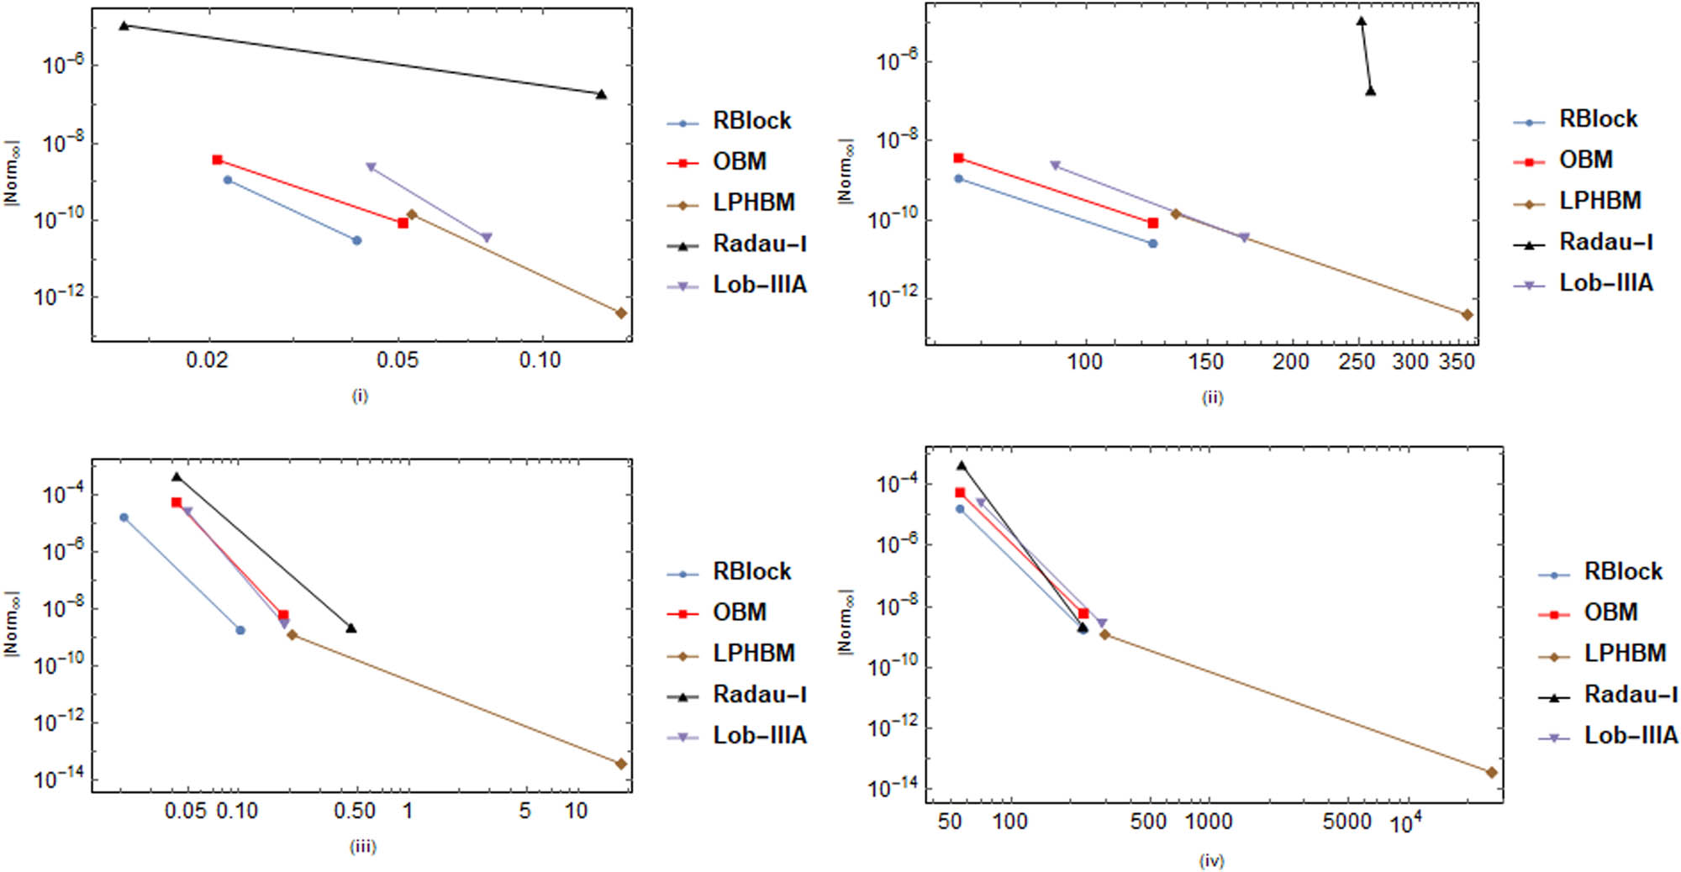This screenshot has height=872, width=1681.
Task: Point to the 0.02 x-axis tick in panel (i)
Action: pyautogui.click(x=207, y=360)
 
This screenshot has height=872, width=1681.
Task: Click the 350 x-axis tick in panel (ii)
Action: pyautogui.click(x=1457, y=362)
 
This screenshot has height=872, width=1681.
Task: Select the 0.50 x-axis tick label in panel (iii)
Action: pyautogui.click(x=354, y=812)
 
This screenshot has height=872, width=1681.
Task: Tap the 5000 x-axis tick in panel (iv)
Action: pyautogui.click(x=1346, y=821)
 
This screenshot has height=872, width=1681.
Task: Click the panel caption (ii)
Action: pyautogui.click(x=1211, y=397)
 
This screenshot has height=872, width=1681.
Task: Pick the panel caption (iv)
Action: pyautogui.click(x=1211, y=860)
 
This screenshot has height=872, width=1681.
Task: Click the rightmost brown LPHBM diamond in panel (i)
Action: pyautogui.click(x=621, y=313)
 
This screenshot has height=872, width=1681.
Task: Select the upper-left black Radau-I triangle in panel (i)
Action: pyautogui.click(x=124, y=25)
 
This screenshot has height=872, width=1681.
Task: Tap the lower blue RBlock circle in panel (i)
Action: pyautogui.click(x=356, y=240)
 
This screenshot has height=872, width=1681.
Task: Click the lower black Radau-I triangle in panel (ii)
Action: pyautogui.click(x=1371, y=91)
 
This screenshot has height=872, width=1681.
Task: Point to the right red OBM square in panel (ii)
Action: pyautogui.click(x=1152, y=223)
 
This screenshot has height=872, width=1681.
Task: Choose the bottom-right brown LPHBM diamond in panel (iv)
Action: pyautogui.click(x=1492, y=772)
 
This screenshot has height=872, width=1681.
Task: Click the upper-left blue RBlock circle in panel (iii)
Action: pyautogui.click(x=124, y=517)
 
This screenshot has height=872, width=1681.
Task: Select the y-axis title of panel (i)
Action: pyautogui.click(x=11, y=174)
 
